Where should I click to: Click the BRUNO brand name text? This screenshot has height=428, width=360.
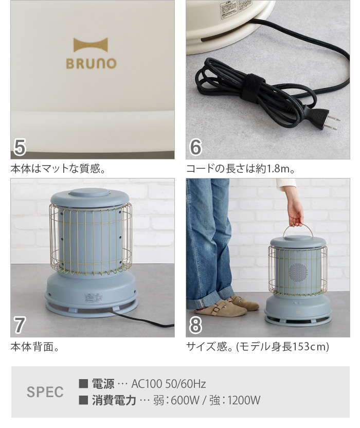point(91,63)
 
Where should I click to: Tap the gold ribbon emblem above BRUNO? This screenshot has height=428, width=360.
point(91,45)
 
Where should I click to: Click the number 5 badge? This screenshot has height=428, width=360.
point(20,147)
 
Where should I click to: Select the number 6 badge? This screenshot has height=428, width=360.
point(196,147)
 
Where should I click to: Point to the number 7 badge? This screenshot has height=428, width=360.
point(20,325)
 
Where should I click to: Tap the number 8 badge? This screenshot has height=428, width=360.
point(196,325)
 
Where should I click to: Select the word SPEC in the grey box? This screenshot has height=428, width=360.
point(45,392)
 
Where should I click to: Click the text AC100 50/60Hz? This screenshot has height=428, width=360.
point(169,384)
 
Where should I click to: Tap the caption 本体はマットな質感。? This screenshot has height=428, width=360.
point(58,168)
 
